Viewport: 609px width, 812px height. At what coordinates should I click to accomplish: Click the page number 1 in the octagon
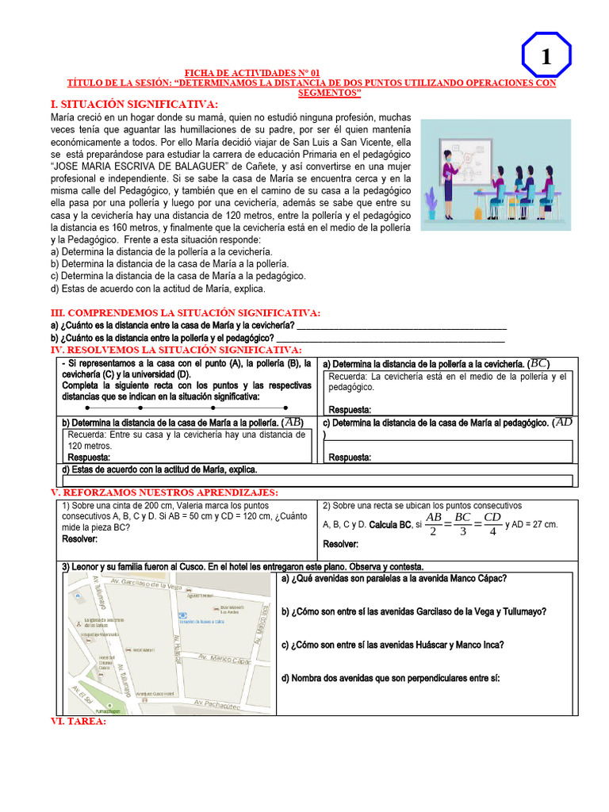click(x=546, y=57)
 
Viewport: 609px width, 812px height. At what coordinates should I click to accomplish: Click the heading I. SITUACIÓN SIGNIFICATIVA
click(x=134, y=105)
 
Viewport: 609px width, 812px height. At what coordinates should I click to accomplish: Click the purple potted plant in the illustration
click(x=431, y=205)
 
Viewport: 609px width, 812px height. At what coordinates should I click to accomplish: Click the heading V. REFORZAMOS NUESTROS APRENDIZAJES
click(x=164, y=493)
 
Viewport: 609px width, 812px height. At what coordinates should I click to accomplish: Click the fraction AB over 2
click(x=433, y=524)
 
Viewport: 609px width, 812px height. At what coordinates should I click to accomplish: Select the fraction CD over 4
click(x=492, y=524)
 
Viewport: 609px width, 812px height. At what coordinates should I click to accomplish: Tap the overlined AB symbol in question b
click(x=293, y=422)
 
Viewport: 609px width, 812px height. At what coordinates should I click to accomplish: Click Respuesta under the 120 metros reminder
click(x=89, y=458)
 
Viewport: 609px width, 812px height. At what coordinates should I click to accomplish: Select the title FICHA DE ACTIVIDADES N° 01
click(x=252, y=72)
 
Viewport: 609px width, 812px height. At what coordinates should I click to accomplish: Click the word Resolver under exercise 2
click(x=341, y=544)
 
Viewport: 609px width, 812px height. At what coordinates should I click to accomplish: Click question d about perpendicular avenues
click(x=391, y=678)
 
